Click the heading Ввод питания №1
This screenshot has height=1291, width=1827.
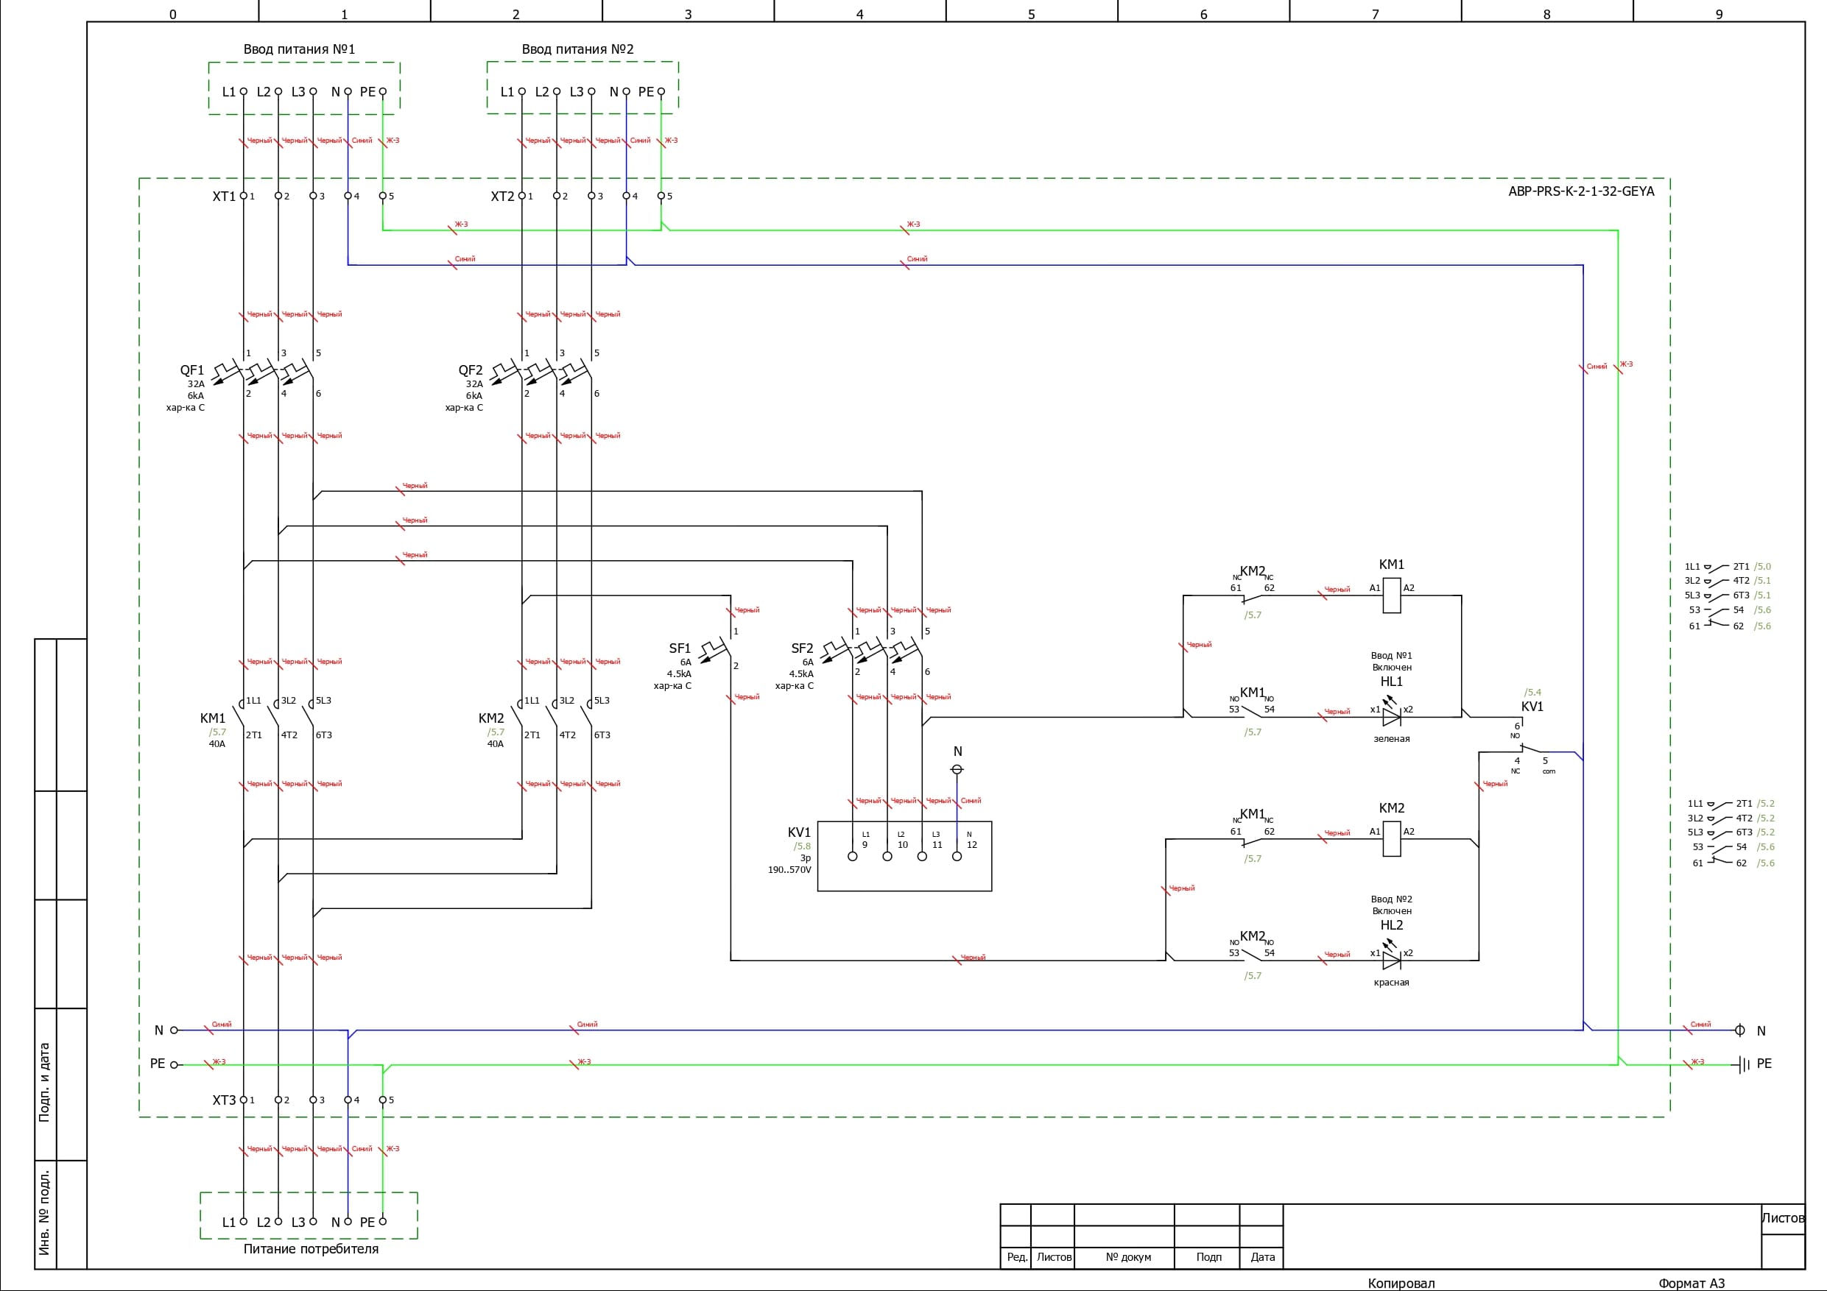[299, 49]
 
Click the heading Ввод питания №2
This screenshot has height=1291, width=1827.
[577, 49]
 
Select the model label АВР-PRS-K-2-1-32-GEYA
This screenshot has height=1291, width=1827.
[1580, 191]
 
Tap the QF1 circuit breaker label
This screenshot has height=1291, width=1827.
[191, 371]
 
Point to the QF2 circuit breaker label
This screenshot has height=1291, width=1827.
[471, 371]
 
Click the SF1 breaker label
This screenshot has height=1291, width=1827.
[680, 649]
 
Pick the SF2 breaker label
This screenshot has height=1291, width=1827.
[802, 649]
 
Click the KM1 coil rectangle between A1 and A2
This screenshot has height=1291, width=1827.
[1392, 595]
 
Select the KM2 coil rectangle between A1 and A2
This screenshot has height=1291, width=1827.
[1392, 839]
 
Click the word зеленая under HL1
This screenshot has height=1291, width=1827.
[1392, 739]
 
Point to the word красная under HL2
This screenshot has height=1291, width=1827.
[1392, 983]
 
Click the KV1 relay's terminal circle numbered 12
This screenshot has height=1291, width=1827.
[957, 857]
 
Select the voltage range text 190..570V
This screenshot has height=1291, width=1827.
[789, 870]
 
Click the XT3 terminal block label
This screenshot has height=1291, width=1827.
[224, 1101]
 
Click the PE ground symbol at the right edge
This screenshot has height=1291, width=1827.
[1744, 1064]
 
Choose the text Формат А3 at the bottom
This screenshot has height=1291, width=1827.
[1692, 1283]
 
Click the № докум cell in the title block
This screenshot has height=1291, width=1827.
[1128, 1258]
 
